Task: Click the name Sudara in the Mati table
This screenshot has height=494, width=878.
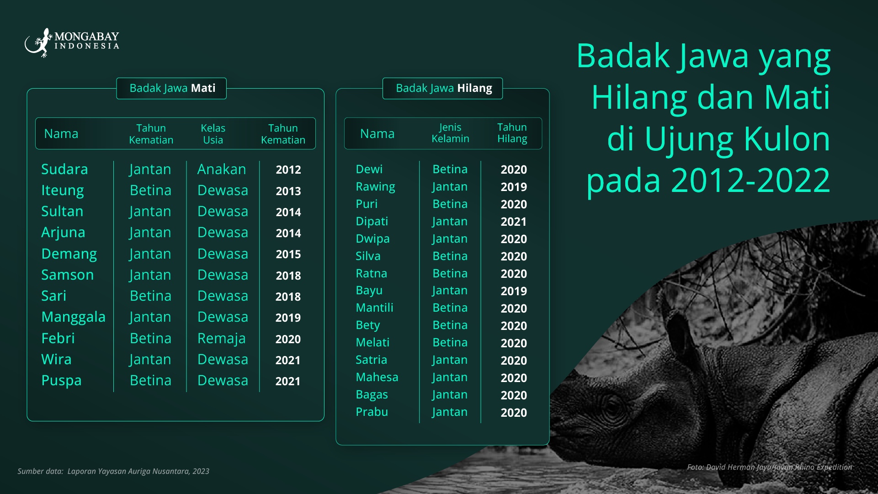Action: (64, 169)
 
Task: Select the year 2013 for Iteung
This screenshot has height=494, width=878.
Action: (288, 191)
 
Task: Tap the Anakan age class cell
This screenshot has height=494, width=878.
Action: (222, 169)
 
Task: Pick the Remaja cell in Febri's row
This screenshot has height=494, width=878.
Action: (222, 339)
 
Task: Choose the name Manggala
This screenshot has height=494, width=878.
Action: (74, 317)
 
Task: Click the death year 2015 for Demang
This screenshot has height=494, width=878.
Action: (288, 254)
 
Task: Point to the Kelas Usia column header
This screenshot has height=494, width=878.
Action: (213, 134)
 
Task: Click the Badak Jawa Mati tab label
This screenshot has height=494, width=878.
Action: (172, 88)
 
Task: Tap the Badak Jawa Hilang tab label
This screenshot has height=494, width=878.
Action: (444, 88)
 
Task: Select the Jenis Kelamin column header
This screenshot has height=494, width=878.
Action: (450, 133)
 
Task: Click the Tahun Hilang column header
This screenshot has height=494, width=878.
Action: (512, 133)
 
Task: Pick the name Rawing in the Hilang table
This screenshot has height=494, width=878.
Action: (375, 187)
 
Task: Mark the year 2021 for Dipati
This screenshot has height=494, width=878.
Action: (514, 222)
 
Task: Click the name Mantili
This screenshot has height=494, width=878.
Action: (374, 308)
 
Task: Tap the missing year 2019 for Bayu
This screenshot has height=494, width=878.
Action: (514, 291)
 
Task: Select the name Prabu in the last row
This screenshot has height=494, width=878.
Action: (372, 412)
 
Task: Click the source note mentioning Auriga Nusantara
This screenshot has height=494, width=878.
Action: (113, 471)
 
